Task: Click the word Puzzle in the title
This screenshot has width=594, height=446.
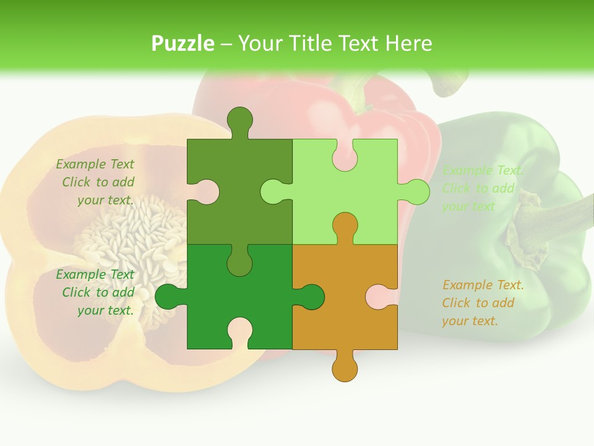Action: [183, 43]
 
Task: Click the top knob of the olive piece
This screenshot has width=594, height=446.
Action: [239, 120]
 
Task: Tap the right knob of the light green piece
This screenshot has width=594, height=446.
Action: [416, 192]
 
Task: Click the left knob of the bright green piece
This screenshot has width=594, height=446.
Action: [168, 297]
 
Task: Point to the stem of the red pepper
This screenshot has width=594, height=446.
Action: [359, 93]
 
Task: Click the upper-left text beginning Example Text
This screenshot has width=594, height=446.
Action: [97, 182]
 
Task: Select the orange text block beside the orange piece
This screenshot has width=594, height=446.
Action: [482, 303]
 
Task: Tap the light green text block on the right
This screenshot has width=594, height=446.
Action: [482, 188]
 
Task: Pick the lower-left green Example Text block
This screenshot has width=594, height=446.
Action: [97, 292]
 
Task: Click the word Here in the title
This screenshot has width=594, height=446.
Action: [408, 43]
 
